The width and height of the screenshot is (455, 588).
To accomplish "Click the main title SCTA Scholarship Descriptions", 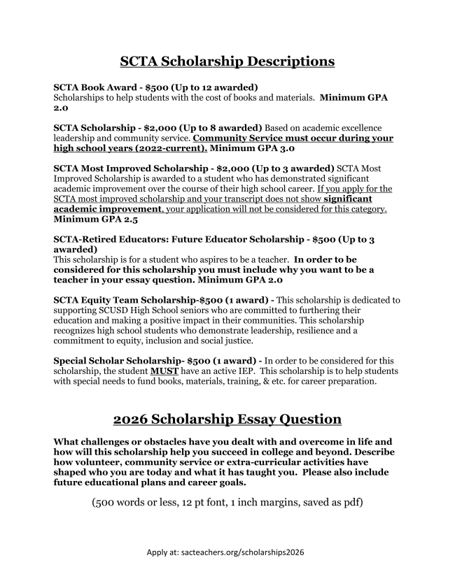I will [x=227, y=61].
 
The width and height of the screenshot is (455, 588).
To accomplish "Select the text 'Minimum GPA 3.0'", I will [x=254, y=148].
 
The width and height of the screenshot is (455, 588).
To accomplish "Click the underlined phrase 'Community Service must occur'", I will [x=267, y=138].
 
